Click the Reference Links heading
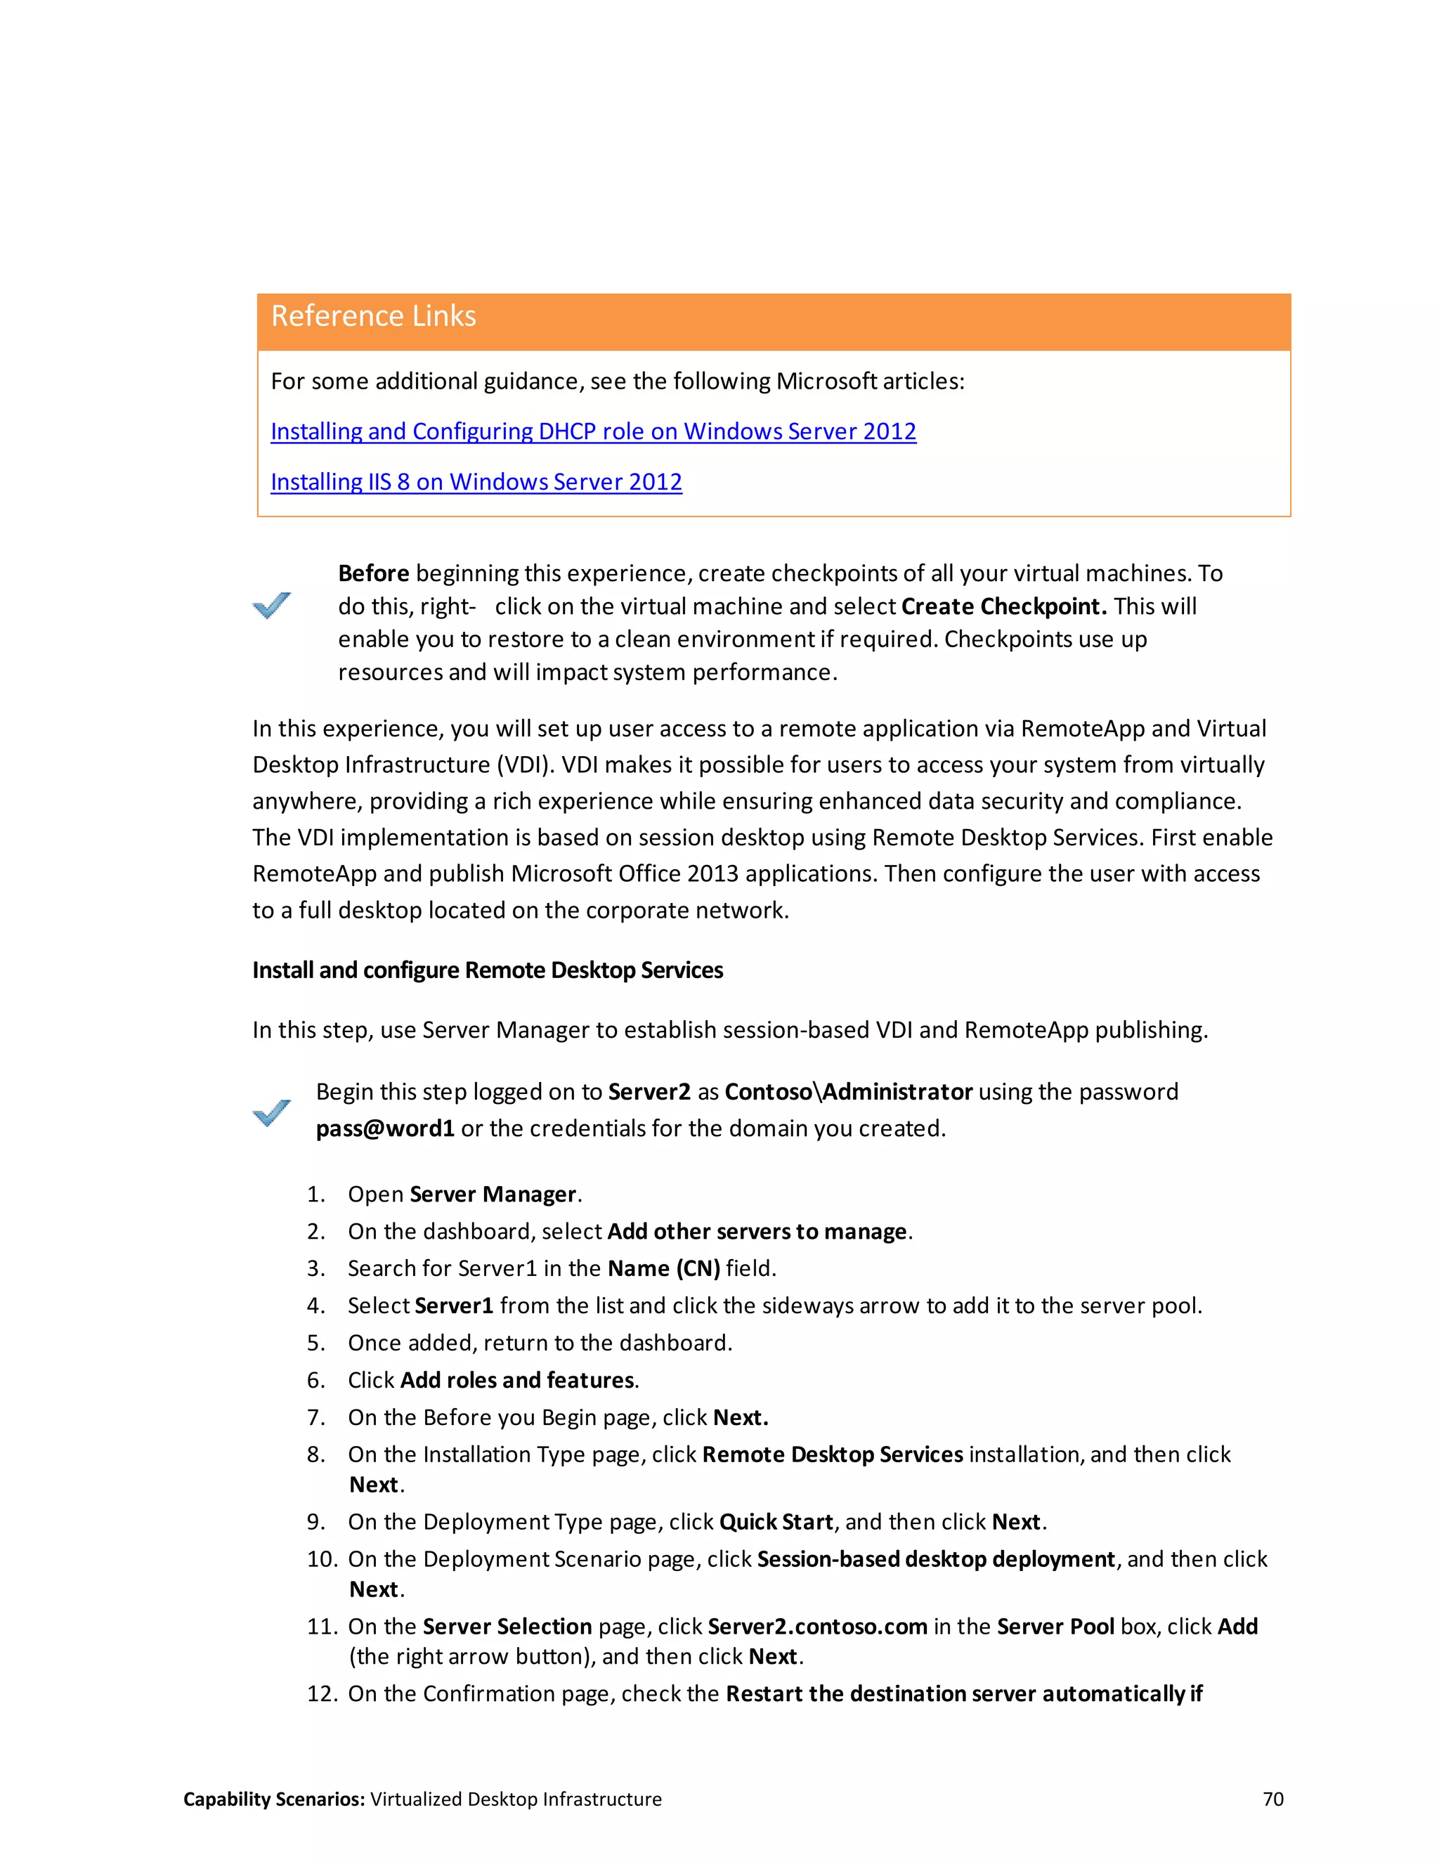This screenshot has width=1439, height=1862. coord(373,316)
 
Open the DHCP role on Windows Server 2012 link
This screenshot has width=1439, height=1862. coord(593,431)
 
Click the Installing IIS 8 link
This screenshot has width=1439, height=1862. coord(476,482)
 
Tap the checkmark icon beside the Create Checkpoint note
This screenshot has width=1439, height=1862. coord(272,604)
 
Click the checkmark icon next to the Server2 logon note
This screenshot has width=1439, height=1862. coord(272,1112)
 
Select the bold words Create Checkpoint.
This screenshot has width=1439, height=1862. coord(1003,606)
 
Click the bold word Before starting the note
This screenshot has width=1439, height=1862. coord(373,573)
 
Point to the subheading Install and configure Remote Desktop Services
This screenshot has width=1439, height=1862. coord(487,970)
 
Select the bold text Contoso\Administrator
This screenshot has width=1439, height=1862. coord(848,1091)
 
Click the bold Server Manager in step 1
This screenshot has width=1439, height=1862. coord(493,1194)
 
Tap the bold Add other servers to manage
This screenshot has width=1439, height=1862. coord(757,1231)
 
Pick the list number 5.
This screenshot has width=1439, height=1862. coord(315,1343)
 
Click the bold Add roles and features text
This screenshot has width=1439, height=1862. coord(517,1379)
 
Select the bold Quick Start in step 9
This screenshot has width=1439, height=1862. coord(776,1522)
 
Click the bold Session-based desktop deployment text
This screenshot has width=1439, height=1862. coord(935,1558)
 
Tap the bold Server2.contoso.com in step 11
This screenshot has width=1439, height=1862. coord(816,1626)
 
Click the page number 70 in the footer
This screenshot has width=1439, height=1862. coord(1272,1799)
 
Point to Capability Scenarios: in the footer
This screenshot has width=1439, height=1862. coord(273,1799)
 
